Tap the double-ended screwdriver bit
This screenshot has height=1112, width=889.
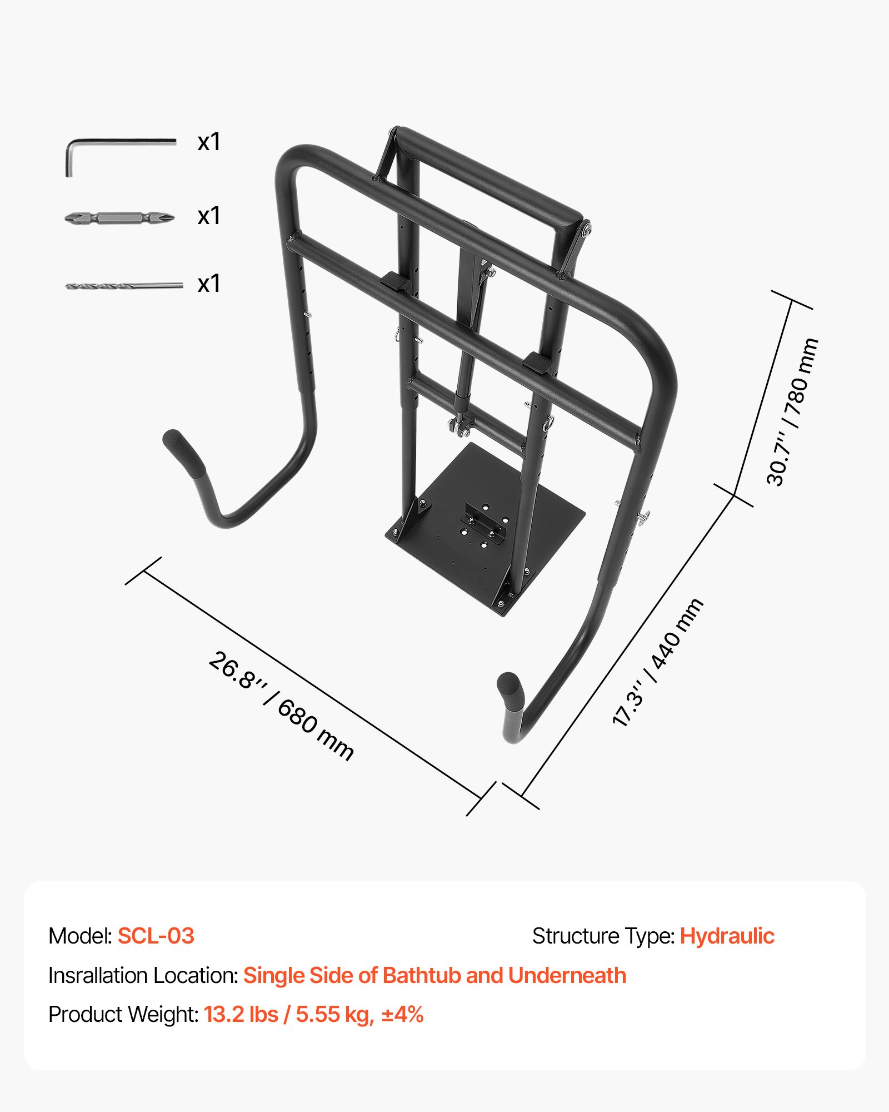tap(119, 217)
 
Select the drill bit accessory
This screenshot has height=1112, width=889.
tap(124, 286)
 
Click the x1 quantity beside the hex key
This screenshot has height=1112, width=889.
tap(209, 142)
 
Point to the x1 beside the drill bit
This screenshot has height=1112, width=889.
tap(209, 284)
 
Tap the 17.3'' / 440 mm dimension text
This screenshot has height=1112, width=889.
tap(657, 662)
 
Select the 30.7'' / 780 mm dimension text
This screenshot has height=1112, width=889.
tap(792, 412)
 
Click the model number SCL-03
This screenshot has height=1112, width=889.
tap(156, 936)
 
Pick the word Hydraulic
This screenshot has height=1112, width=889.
tap(727, 936)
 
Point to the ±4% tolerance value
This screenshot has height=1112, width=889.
tap(403, 1014)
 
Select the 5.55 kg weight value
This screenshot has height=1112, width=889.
tap(334, 1015)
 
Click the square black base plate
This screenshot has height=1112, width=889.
tap(485, 528)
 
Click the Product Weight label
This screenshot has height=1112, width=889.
tap(123, 1015)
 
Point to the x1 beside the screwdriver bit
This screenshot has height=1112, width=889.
tap(209, 216)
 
